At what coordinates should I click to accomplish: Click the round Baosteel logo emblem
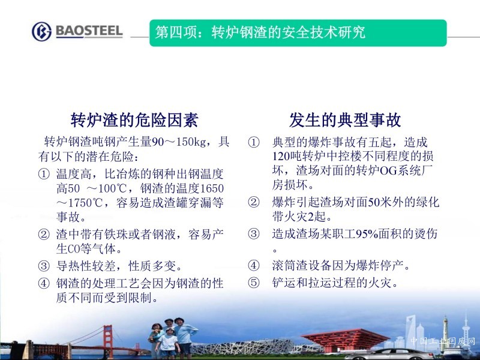pyautogui.click(x=41, y=31)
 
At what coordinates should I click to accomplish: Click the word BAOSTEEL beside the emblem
pyautogui.click(x=89, y=31)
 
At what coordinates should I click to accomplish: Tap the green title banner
pyautogui.click(x=298, y=33)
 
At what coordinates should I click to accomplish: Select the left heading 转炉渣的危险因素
pyautogui.click(x=134, y=119)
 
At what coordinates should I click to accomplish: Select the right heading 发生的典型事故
pyautogui.click(x=345, y=119)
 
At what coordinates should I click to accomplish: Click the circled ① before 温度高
pyautogui.click(x=44, y=174)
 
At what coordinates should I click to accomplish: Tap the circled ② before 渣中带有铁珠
pyautogui.click(x=44, y=235)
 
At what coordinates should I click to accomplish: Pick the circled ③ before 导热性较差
pyautogui.click(x=44, y=266)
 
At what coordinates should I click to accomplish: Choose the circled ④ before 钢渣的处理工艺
pyautogui.click(x=44, y=283)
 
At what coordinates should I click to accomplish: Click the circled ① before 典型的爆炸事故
pyautogui.click(x=254, y=142)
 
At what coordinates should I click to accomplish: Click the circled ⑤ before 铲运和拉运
pyautogui.click(x=254, y=283)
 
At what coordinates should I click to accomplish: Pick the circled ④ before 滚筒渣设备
pyautogui.click(x=254, y=265)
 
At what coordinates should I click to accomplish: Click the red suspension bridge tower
pyautogui.click(x=108, y=341)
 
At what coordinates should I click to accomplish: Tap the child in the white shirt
pyautogui.click(x=168, y=343)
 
